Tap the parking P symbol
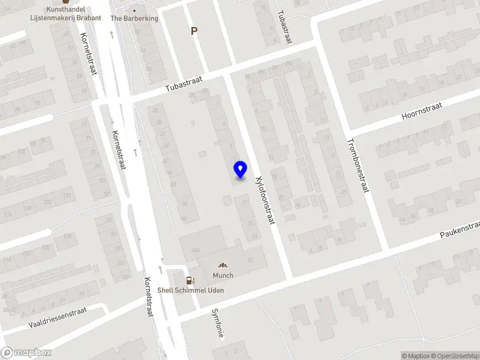(x=194, y=31)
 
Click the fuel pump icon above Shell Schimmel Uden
(x=190, y=280)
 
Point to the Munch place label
(x=223, y=275)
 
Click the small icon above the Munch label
(x=223, y=265)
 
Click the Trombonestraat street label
(x=356, y=166)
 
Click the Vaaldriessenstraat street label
(x=58, y=317)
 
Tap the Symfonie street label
(x=217, y=323)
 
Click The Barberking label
(x=134, y=18)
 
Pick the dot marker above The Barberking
(x=134, y=10)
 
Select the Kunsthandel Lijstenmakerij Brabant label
(x=65, y=14)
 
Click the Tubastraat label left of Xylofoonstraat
(x=184, y=83)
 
